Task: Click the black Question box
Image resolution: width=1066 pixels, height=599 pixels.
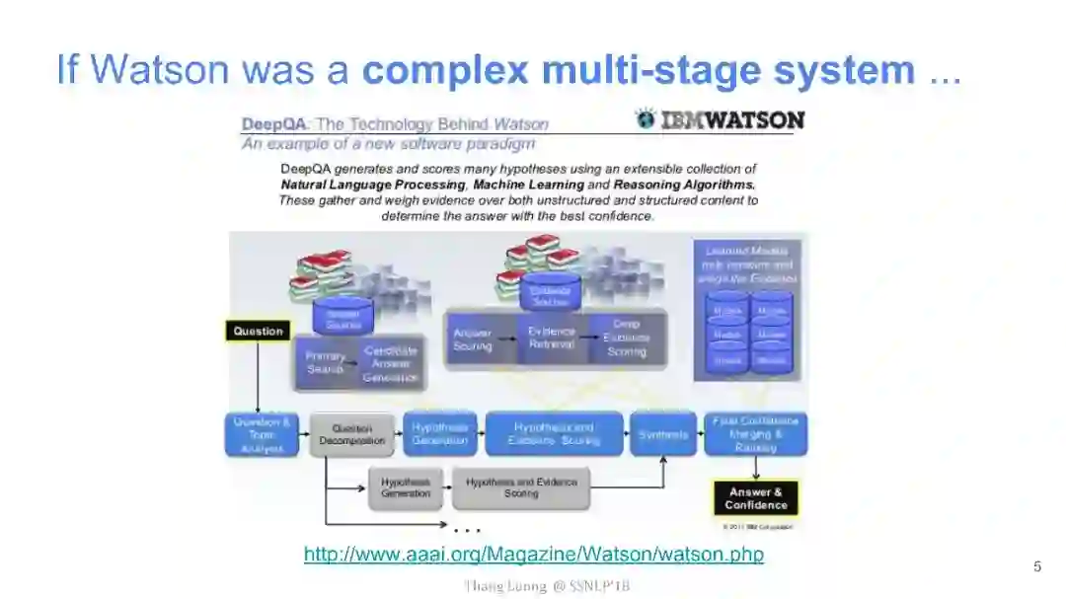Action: click(x=258, y=332)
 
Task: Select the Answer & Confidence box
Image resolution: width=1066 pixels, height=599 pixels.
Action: click(x=756, y=498)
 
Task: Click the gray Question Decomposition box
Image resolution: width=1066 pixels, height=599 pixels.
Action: click(x=351, y=434)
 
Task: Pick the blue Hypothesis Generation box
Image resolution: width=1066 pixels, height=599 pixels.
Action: click(x=440, y=434)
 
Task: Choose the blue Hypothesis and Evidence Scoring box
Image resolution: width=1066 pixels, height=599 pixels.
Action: click(x=554, y=434)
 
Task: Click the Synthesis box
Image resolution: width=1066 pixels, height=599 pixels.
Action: click(x=663, y=434)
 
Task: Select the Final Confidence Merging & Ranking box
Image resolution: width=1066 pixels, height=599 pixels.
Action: click(x=756, y=434)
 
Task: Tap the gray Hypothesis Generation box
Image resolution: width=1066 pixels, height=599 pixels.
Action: click(x=406, y=487)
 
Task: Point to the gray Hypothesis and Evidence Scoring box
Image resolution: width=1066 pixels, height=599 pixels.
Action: click(x=521, y=487)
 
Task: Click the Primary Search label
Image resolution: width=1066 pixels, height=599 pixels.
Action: click(x=326, y=362)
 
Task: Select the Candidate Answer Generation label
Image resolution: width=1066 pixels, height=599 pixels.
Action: click(x=391, y=363)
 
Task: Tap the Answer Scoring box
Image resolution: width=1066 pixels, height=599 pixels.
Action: click(x=473, y=338)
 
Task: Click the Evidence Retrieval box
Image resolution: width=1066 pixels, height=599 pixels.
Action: click(x=551, y=338)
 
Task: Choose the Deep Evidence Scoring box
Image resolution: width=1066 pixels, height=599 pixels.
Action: click(x=627, y=337)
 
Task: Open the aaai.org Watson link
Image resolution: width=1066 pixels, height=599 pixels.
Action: click(x=533, y=555)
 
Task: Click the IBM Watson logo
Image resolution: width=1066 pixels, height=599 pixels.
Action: click(x=720, y=119)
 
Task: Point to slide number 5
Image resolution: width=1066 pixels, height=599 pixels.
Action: click(x=1036, y=566)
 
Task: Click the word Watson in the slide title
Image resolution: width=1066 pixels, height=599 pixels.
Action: click(x=167, y=70)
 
